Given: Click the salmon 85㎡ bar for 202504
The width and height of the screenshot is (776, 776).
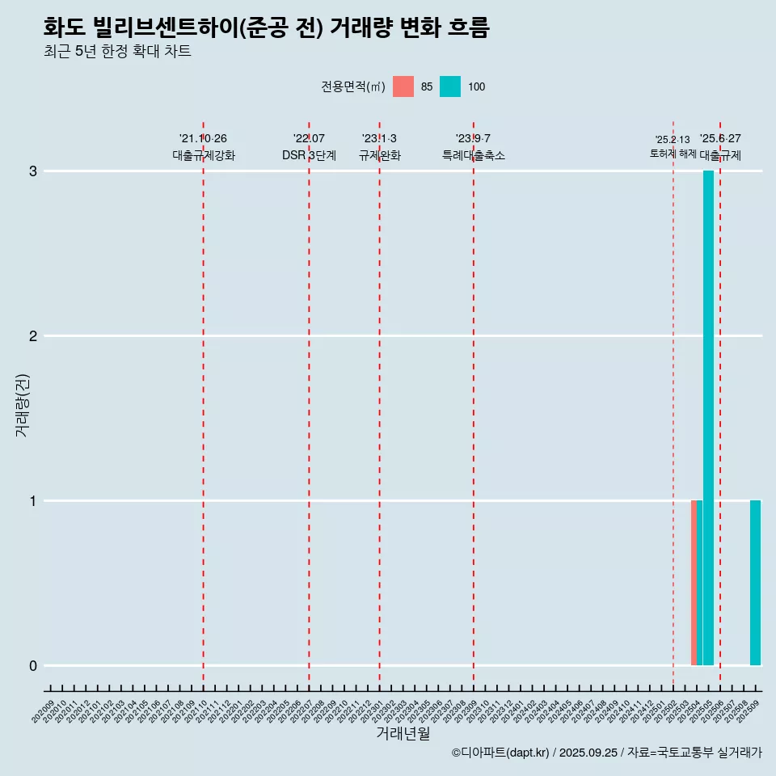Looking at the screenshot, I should point(694,583).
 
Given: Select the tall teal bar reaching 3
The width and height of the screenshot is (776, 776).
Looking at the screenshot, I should point(708,418).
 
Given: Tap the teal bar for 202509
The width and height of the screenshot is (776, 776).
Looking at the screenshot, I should point(755,583).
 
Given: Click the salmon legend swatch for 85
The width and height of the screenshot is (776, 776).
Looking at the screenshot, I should point(403,86).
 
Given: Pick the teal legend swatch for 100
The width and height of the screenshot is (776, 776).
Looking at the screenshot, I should point(450,86).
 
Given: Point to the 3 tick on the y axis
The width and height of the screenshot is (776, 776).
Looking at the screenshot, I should point(33,171).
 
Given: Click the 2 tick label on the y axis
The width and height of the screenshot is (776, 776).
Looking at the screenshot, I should point(33,336).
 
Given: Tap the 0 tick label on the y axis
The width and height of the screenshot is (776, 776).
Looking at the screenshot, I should point(33,666).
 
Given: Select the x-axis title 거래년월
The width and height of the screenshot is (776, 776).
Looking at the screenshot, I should point(403,734).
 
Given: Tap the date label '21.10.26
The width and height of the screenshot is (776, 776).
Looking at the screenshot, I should point(203,138).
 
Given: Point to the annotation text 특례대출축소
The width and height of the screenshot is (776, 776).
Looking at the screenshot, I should point(474,155).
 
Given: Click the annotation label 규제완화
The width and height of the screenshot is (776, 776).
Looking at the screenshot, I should point(379,155).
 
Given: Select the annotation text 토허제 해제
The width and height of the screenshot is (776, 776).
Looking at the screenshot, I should point(673,153).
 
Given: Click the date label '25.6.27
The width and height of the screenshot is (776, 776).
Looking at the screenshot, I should point(719,138).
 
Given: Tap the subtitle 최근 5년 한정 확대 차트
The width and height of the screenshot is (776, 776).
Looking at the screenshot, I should point(117,52).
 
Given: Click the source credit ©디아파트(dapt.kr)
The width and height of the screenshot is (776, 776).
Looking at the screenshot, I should point(500,753).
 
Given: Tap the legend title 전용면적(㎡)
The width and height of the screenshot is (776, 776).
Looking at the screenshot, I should point(353,86).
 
